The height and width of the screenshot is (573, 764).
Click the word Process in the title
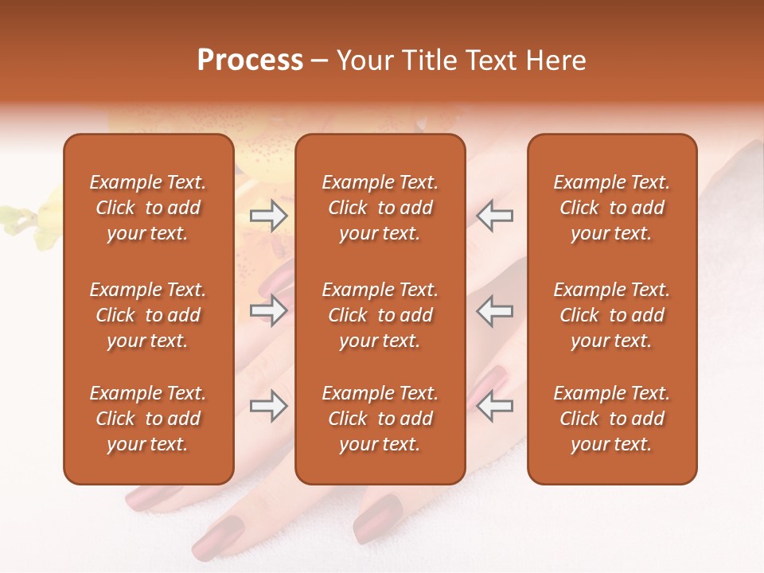click(250, 60)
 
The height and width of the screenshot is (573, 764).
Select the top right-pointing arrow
click(268, 216)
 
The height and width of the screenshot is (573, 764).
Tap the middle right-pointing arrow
click(268, 310)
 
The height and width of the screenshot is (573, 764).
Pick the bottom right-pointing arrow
click(268, 407)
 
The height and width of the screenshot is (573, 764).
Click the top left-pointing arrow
click(495, 216)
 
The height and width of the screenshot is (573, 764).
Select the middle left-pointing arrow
click(495, 310)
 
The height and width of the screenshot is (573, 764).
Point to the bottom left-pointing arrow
click(495, 407)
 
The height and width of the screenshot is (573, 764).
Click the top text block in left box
click(148, 208)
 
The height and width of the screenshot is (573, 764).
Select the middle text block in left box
click(148, 315)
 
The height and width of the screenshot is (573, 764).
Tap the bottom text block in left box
click(148, 419)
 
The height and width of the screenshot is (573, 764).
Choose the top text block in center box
click(380, 208)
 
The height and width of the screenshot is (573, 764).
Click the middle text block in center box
click(380, 315)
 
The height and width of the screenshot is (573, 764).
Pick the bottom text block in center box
click(380, 419)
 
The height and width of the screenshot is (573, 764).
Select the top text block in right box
click(611, 208)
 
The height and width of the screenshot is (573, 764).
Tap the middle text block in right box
click(611, 315)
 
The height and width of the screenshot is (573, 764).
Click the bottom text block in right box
click(611, 419)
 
